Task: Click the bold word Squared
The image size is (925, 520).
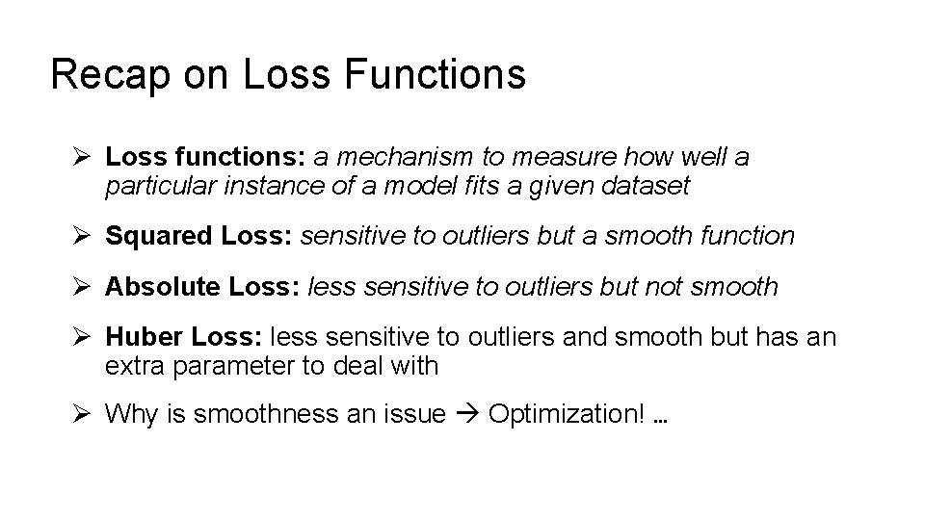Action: click(157, 235)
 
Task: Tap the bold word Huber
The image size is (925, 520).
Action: click(145, 337)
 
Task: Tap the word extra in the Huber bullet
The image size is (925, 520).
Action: click(135, 365)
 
